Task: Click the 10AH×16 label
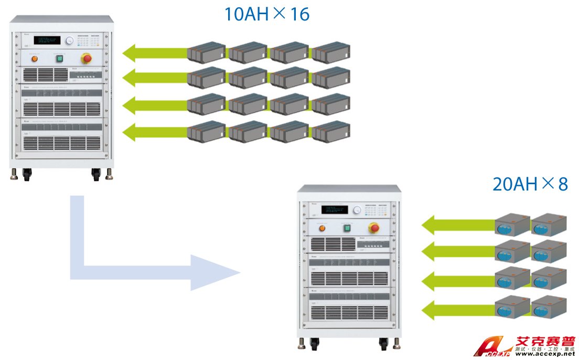coord(266,14)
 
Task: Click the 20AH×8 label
coord(530,184)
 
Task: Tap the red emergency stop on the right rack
coord(374,227)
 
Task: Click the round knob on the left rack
coord(69,40)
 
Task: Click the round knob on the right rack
coord(358,210)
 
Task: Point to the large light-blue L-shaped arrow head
coord(215,273)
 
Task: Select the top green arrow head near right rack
coord(429,226)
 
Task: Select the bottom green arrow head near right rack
coord(429,309)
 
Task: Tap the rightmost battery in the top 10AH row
coord(330,52)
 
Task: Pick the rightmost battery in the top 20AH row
coord(549,224)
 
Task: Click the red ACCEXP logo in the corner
coord(490,350)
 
